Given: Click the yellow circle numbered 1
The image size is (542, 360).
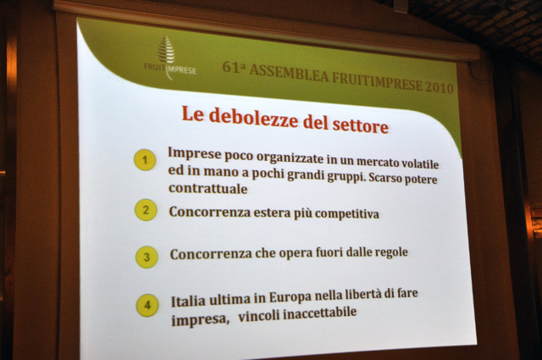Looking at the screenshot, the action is pyautogui.click(x=145, y=160).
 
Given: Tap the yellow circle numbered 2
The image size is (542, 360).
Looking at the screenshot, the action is pyautogui.click(x=146, y=210).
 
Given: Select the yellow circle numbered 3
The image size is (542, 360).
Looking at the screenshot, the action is pyautogui.click(x=147, y=257).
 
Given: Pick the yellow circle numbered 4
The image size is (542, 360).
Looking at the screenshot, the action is pyautogui.click(x=147, y=305).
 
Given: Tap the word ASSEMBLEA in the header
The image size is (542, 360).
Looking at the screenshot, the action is pyautogui.click(x=289, y=75).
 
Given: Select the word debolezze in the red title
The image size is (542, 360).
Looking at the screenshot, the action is pyautogui.click(x=253, y=118).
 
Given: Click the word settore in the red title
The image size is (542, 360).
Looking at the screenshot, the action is pyautogui.click(x=360, y=125).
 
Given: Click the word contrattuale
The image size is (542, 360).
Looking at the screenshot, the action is pyautogui.click(x=208, y=189).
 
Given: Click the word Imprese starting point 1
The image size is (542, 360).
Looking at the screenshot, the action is pyautogui.click(x=194, y=153).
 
